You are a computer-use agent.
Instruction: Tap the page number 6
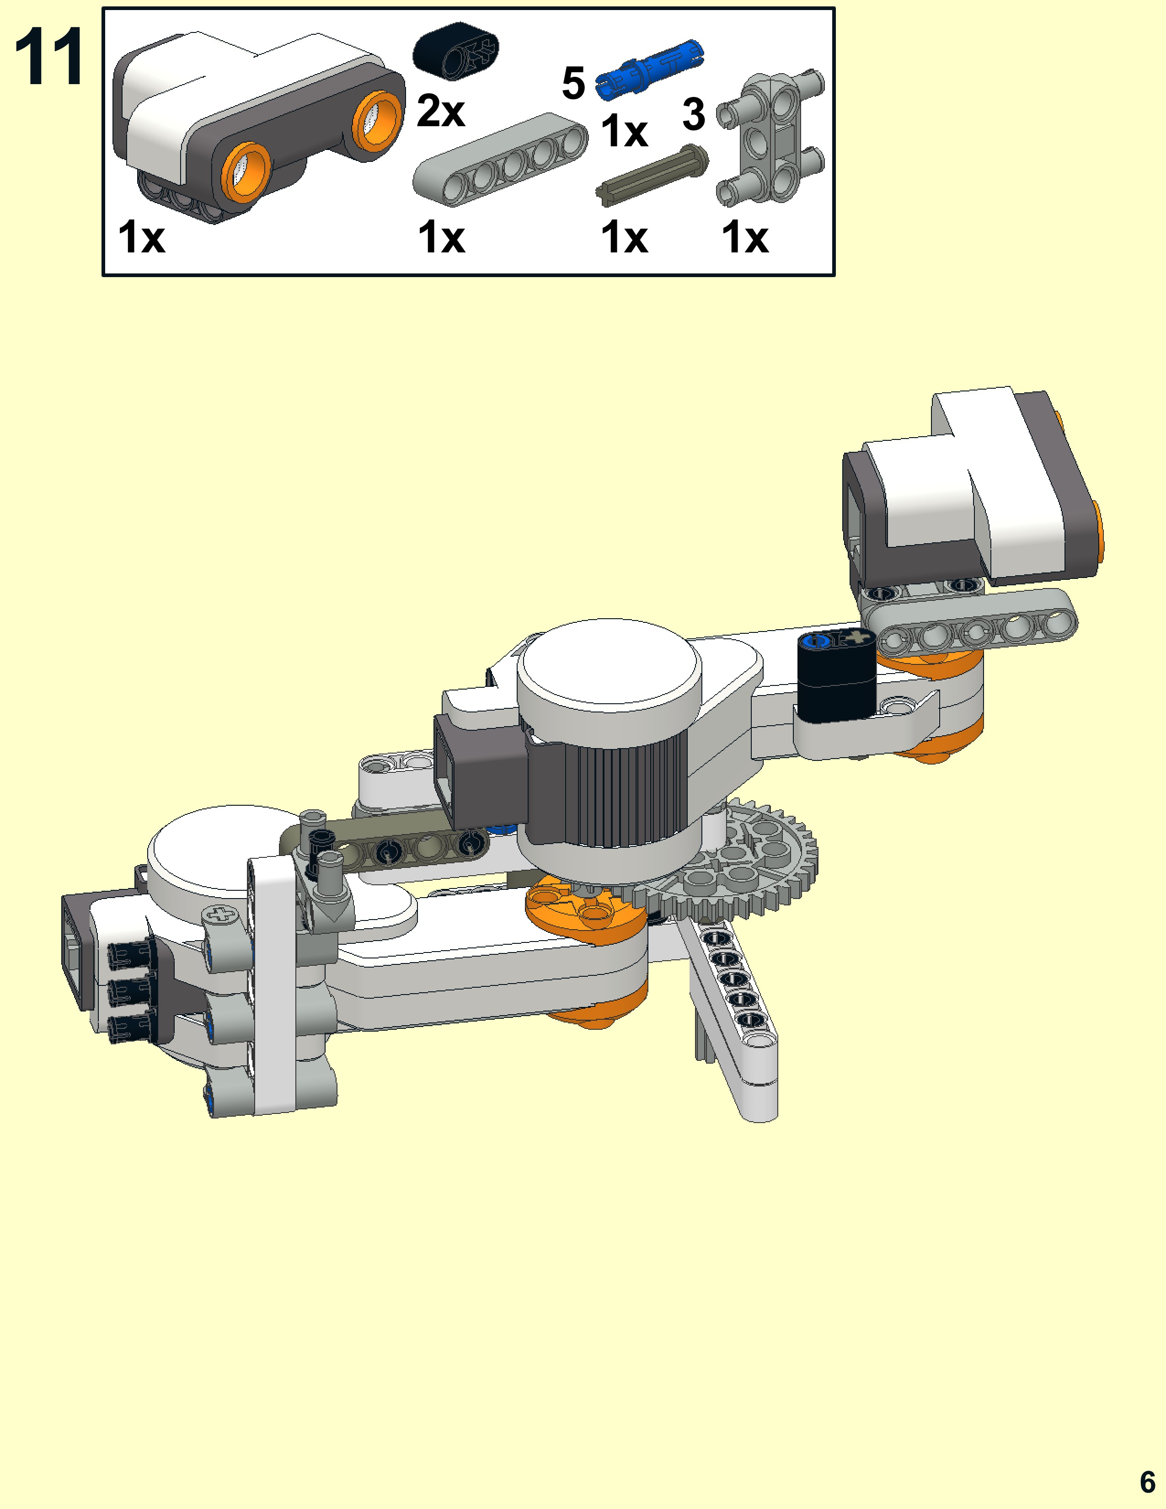[x=1147, y=1482]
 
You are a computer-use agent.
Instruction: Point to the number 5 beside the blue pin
[x=573, y=83]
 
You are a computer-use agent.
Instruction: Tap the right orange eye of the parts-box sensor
[x=378, y=121]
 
